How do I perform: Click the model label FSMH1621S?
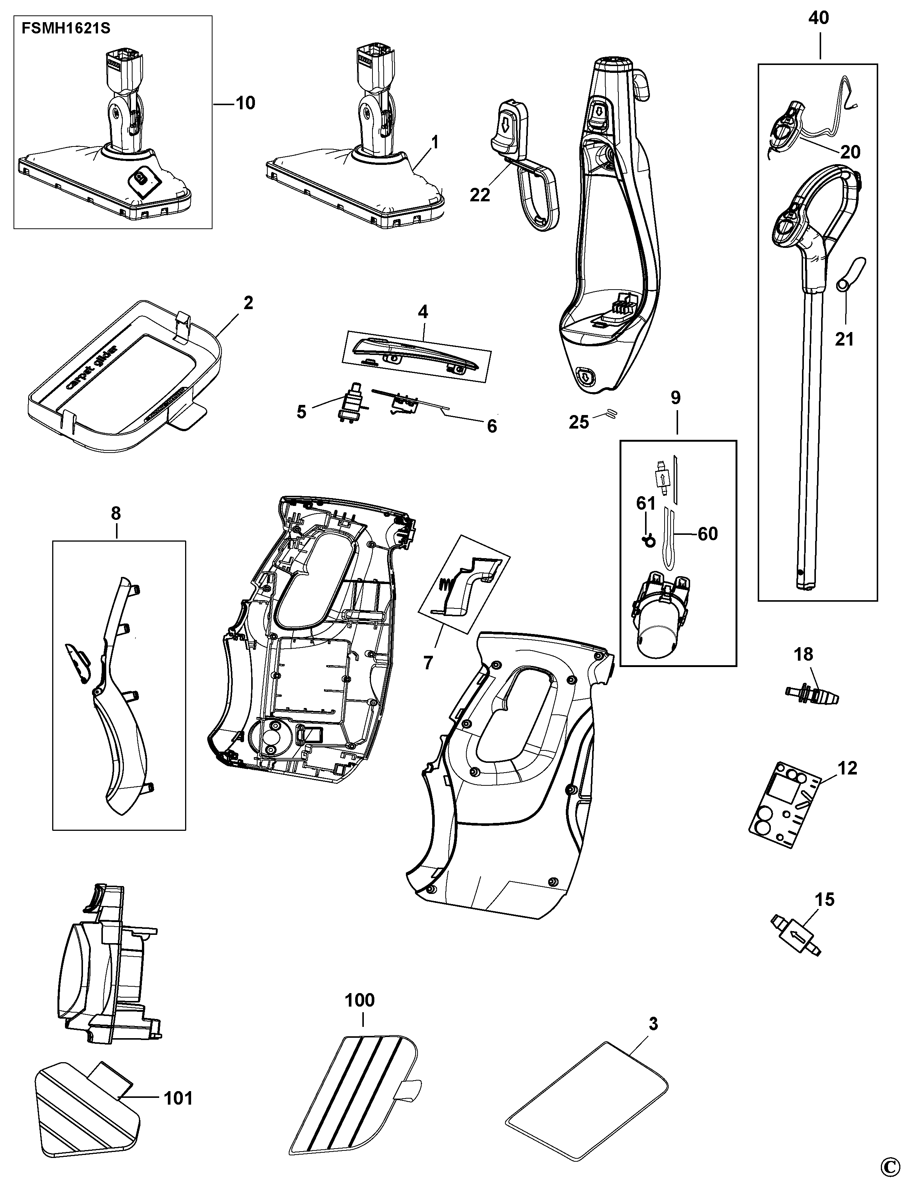66,29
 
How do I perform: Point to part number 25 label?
579,422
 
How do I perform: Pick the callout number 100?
360,1000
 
